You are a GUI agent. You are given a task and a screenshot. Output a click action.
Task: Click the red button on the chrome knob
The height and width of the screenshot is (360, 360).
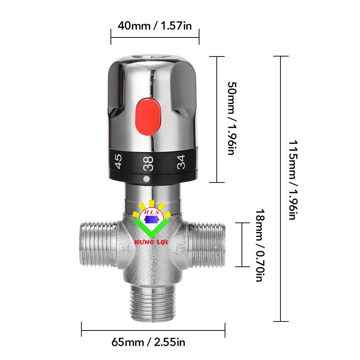click(x=148, y=116)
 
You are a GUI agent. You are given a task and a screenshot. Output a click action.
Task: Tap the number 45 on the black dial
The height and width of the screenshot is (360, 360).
click(x=118, y=161)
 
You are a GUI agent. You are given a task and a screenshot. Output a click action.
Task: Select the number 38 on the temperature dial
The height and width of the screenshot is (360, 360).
click(x=148, y=163)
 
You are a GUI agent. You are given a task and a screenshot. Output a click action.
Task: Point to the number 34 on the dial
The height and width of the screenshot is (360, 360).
click(x=181, y=162)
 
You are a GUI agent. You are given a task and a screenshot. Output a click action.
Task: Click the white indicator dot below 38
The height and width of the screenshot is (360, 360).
click(x=146, y=179)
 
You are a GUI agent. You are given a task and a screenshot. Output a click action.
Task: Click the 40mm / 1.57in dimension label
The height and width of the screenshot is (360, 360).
click(x=154, y=26)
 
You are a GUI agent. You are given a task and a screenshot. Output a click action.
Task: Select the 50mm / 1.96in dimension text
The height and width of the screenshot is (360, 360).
click(x=232, y=118)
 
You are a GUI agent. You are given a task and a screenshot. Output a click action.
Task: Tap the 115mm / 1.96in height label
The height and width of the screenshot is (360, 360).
click(x=293, y=180)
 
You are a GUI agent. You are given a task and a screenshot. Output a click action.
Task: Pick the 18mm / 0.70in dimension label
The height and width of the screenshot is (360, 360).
click(x=260, y=245)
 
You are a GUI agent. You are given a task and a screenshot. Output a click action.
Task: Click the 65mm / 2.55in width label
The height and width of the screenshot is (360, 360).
click(x=148, y=342)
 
